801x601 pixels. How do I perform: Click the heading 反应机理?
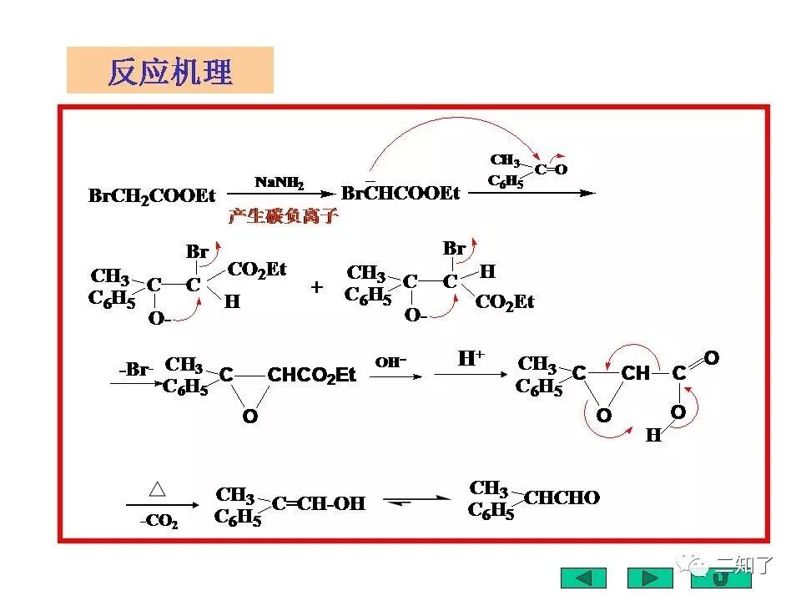(x=170, y=72)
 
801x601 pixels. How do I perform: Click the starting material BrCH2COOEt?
(x=152, y=196)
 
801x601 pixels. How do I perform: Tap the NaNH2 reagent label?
(x=279, y=182)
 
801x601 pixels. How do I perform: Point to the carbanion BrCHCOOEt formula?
(x=400, y=194)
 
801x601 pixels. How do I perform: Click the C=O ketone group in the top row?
(x=551, y=169)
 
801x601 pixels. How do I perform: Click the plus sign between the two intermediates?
(x=317, y=287)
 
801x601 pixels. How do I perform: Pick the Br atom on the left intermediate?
(x=197, y=251)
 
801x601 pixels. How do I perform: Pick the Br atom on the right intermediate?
(x=454, y=248)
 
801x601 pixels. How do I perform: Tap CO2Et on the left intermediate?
(x=257, y=269)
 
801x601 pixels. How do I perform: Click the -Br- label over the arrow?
(x=135, y=369)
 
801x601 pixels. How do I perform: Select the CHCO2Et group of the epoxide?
(x=311, y=376)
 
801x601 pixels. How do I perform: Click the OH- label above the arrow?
(x=390, y=362)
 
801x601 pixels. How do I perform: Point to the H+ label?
(x=471, y=360)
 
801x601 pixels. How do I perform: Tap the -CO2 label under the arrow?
(x=158, y=521)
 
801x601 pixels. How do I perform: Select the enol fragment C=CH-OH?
(x=319, y=503)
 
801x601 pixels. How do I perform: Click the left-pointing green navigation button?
(x=583, y=578)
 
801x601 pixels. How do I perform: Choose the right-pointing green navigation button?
(x=650, y=578)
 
